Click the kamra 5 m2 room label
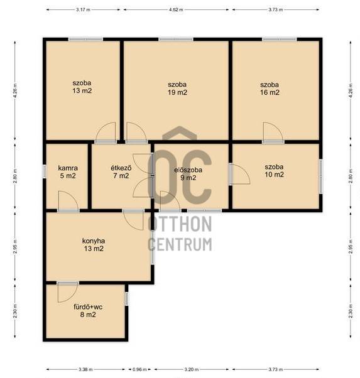click(68, 172)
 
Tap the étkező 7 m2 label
click(121, 171)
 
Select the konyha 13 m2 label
click(94, 245)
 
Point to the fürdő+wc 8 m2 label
click(88, 310)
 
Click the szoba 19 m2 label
click(177, 89)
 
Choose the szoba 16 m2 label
click(270, 89)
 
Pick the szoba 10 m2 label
click(274, 170)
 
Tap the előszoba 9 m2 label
click(188, 173)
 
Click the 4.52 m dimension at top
click(176, 9)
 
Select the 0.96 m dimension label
click(139, 369)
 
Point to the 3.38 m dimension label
click(85, 369)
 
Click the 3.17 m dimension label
click(83, 9)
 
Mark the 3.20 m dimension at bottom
click(192, 369)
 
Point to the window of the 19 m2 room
click(176, 40)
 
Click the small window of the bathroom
click(127, 299)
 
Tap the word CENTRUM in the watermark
click(180, 244)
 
